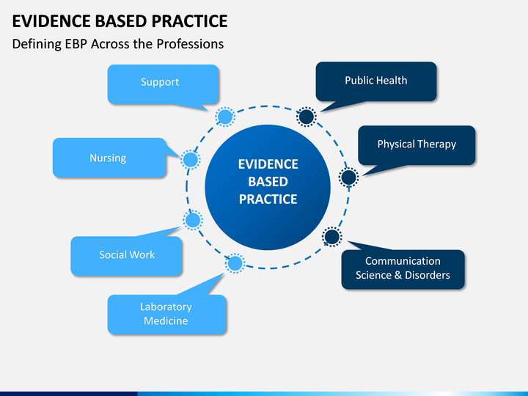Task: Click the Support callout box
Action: pyautogui.click(x=164, y=84)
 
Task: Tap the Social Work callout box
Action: pyautogui.click(x=126, y=256)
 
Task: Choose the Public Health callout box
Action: pyautogui.click(x=376, y=81)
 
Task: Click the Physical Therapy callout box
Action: pyautogui.click(x=417, y=145)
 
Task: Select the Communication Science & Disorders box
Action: pyautogui.click(x=403, y=269)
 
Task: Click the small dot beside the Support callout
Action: pyautogui.click(x=225, y=117)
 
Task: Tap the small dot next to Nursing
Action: pyautogui.click(x=191, y=160)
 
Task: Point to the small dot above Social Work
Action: pyautogui.click(x=193, y=220)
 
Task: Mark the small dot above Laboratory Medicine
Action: pyautogui.click(x=235, y=263)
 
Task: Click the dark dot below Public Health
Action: pyautogui.click(x=306, y=117)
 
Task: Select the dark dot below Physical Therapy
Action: pyautogui.click(x=348, y=177)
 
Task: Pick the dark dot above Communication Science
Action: pyautogui.click(x=332, y=236)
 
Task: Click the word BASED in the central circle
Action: pyautogui.click(x=268, y=182)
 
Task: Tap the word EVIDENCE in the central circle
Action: pyautogui.click(x=268, y=164)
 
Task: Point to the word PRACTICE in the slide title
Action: pyautogui.click(x=190, y=21)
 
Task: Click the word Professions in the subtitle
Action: pyautogui.click(x=190, y=44)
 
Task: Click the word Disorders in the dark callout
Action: pyautogui.click(x=428, y=275)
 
